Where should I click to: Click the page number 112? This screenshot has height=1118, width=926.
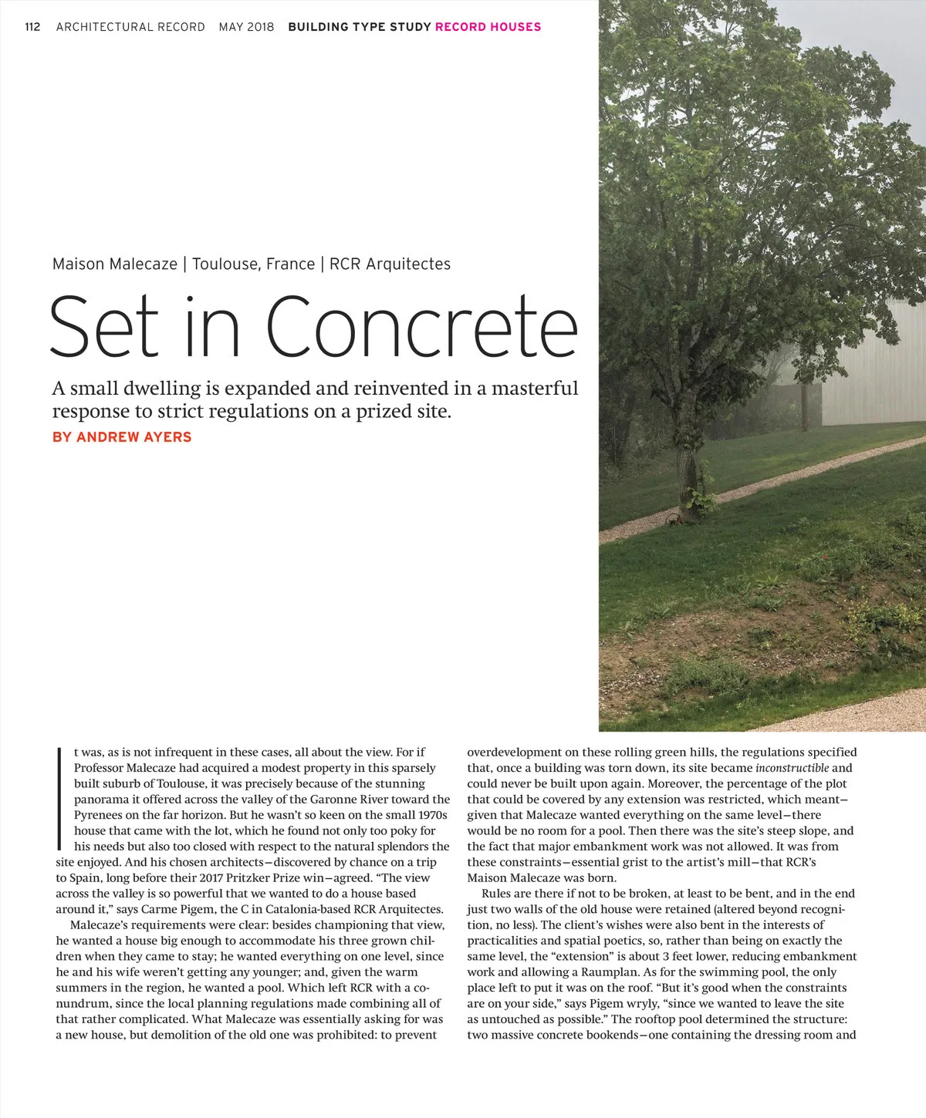pos(32,27)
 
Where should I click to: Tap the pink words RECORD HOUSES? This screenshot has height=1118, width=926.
pos(488,27)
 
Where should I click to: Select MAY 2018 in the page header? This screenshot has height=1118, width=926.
pos(246,27)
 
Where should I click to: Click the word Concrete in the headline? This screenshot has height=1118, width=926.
pos(422,327)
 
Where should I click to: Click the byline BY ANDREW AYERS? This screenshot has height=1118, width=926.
pos(122,437)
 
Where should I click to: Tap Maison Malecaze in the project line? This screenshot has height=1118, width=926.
pos(115,264)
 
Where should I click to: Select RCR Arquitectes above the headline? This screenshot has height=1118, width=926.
pos(390,264)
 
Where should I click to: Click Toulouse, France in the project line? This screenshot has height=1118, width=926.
pos(253,264)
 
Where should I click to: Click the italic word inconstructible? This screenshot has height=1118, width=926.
pos(792,768)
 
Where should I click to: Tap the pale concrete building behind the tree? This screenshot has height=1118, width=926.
pos(872,362)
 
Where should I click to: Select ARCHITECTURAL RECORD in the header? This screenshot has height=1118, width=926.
pos(130,27)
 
